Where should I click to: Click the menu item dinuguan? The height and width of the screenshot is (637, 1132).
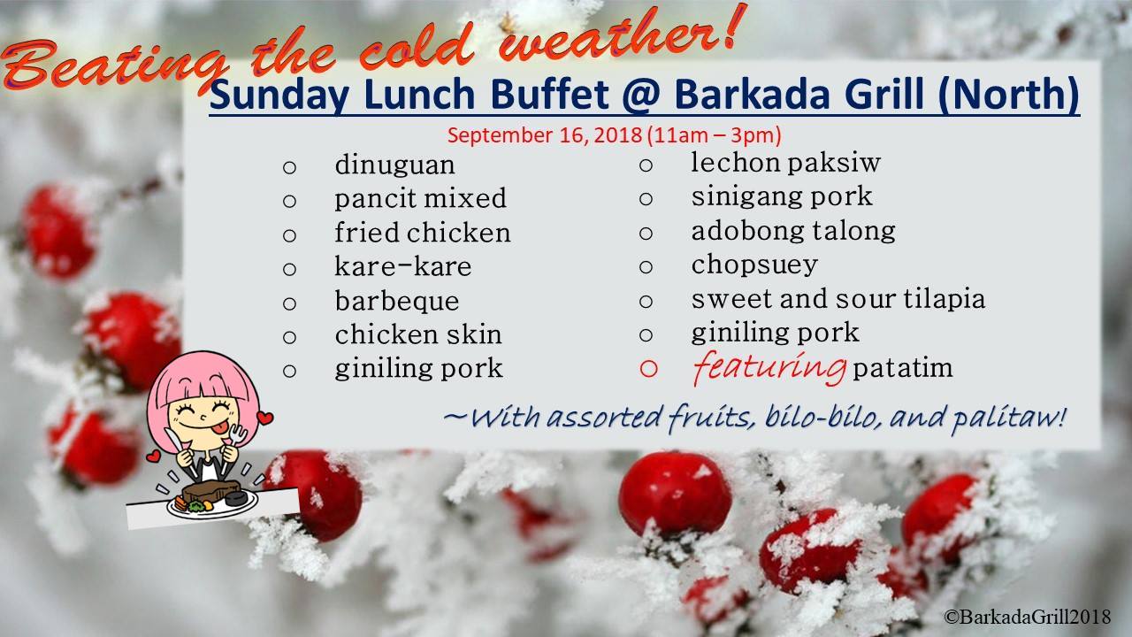tap(394, 165)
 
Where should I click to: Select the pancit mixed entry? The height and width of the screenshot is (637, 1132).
tap(420, 199)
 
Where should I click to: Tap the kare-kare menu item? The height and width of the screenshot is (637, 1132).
tap(402, 266)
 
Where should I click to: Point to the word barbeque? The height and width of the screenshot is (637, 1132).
tap(397, 302)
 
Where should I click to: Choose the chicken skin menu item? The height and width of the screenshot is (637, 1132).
tap(418, 334)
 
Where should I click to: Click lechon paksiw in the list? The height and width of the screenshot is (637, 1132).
tap(786, 163)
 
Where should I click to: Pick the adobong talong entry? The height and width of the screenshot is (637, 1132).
tap(793, 232)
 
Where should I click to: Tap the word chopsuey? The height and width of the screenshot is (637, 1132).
tap(754, 265)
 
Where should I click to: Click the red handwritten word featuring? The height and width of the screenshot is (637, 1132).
tap(769, 367)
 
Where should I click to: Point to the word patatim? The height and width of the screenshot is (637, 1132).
tap(903, 367)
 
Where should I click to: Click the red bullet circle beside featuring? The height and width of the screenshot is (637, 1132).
tap(648, 369)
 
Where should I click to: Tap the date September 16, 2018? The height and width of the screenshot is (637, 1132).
tap(544, 135)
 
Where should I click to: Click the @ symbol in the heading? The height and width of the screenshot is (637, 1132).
tap(642, 95)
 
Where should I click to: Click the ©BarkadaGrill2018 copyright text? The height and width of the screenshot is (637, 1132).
tap(1028, 617)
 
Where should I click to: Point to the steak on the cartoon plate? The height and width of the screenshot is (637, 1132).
tap(211, 491)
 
